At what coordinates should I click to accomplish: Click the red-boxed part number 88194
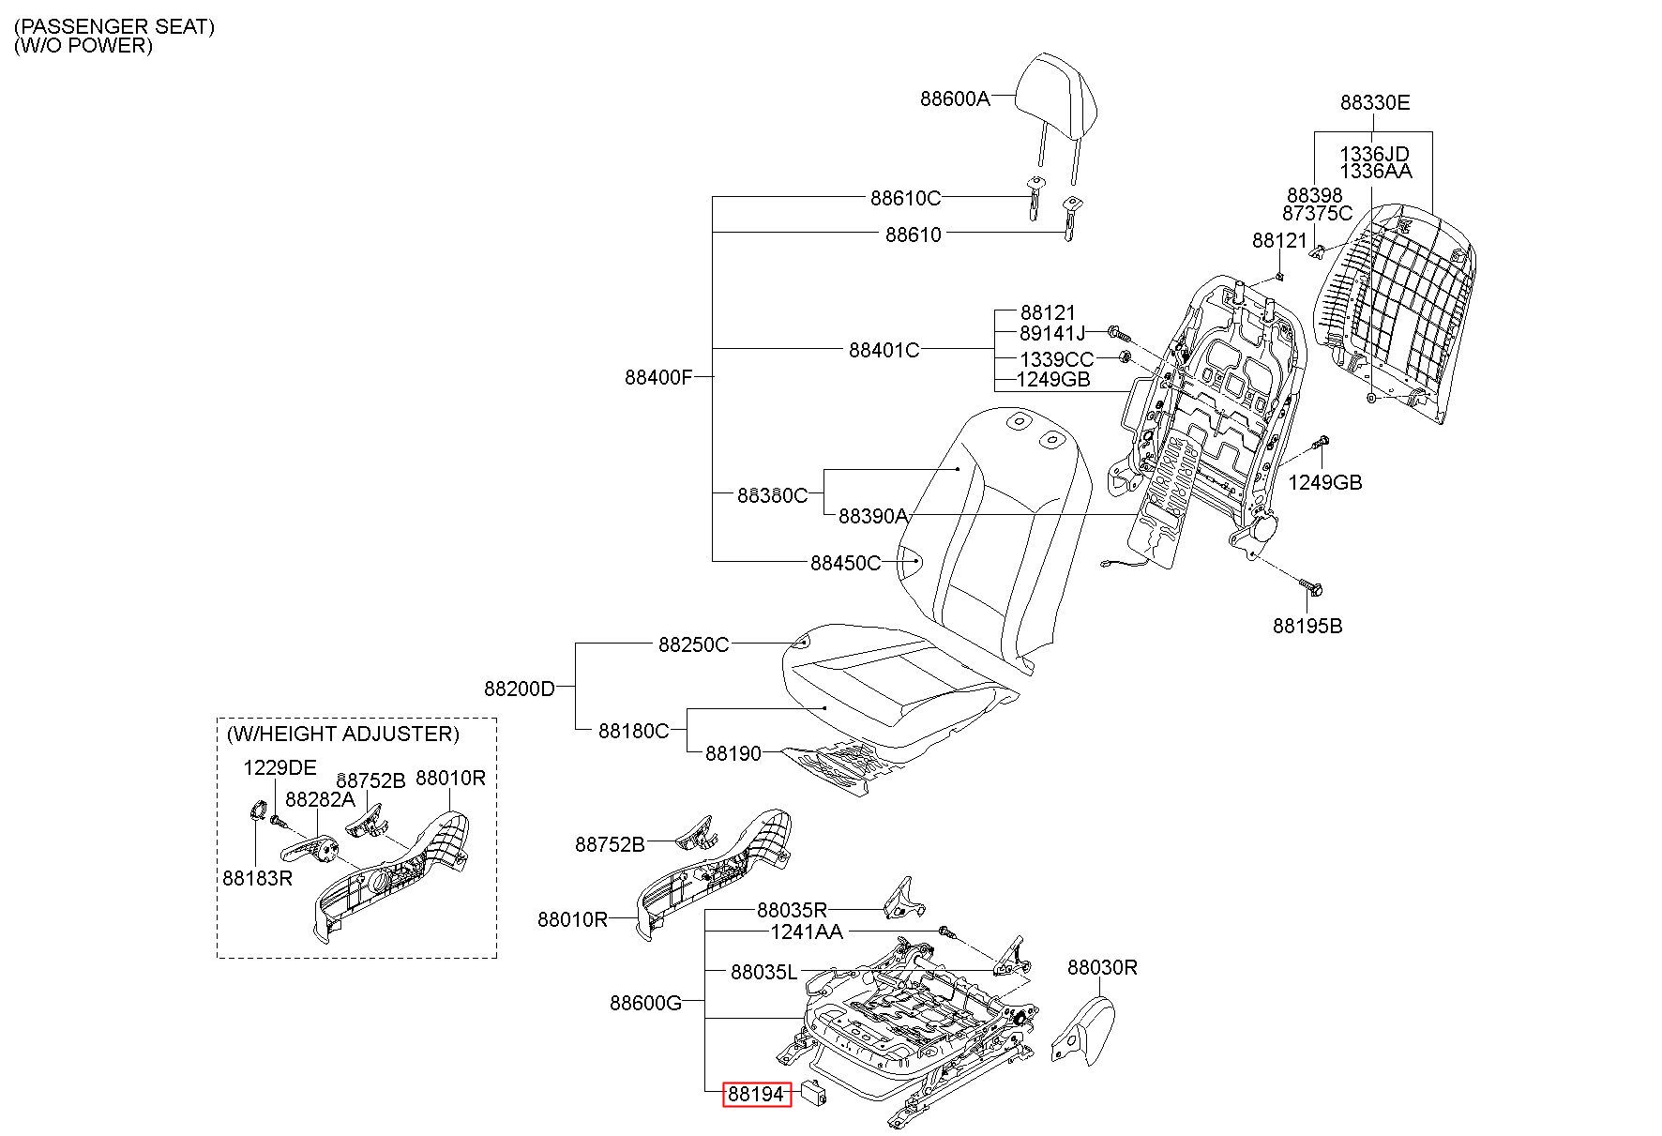[x=756, y=1093]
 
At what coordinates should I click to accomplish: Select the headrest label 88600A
[x=955, y=98]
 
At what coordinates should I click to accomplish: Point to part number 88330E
[x=1375, y=102]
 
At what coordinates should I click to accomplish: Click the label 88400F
[x=658, y=378]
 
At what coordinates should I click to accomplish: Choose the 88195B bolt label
[x=1307, y=626]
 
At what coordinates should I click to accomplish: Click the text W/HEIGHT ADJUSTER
[x=343, y=734]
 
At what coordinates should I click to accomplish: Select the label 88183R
[x=258, y=878]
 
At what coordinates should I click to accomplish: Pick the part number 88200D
[x=520, y=689]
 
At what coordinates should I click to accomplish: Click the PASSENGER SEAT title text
[x=114, y=27]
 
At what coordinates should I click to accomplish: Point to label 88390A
[x=873, y=516]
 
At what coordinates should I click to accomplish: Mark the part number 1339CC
[x=1057, y=359]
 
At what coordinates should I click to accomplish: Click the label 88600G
[x=646, y=1003]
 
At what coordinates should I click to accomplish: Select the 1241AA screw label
[x=807, y=932]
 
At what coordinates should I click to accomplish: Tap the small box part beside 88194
[x=813, y=1092]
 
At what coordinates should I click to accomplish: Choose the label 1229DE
[x=280, y=767]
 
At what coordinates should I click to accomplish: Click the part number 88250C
[x=693, y=644]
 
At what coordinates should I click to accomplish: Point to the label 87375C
[x=1318, y=213]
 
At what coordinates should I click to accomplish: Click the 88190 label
[x=733, y=753]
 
